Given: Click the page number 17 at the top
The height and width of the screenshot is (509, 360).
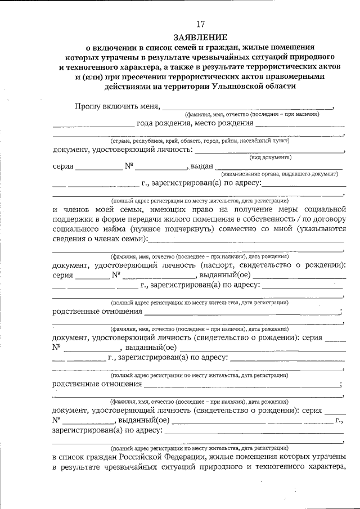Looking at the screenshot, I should coord(201,24).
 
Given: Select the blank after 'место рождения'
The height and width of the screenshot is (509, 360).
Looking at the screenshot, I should coord(300,124).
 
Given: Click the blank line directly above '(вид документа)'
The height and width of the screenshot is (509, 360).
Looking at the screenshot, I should coord(270,151).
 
